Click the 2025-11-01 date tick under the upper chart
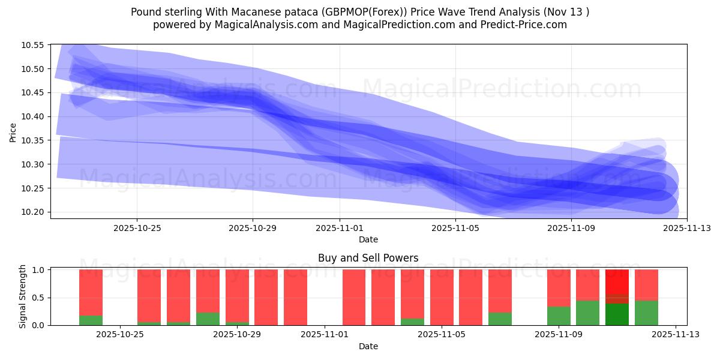point(340,228)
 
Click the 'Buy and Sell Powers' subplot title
point(368,258)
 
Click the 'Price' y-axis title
point(13,132)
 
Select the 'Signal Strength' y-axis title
point(23,296)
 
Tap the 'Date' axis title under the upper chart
point(368,239)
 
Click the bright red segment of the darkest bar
point(617,282)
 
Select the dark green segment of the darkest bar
point(617,314)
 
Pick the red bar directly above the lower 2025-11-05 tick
point(442,297)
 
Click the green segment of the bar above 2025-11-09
point(559,316)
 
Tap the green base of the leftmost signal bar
point(91,320)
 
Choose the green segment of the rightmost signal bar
point(646,313)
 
